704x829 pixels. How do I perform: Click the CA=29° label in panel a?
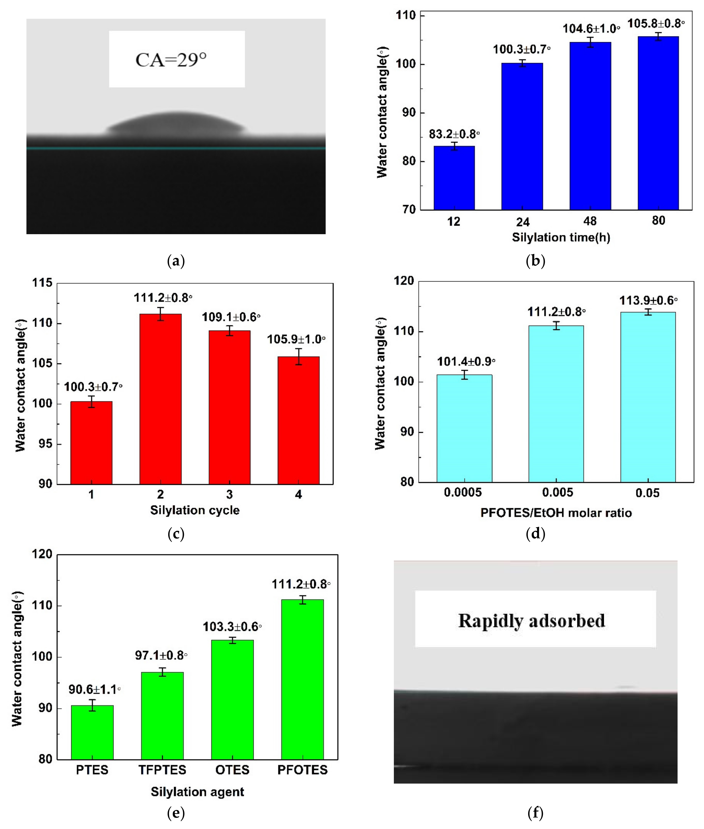click(171, 60)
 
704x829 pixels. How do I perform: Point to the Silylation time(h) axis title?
click(561, 237)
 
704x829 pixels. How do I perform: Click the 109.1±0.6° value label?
click(231, 317)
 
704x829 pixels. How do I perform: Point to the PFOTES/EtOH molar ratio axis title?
click(556, 513)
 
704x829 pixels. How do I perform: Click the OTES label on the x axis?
click(232, 770)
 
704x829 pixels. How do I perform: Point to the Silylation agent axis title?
click(197, 792)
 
